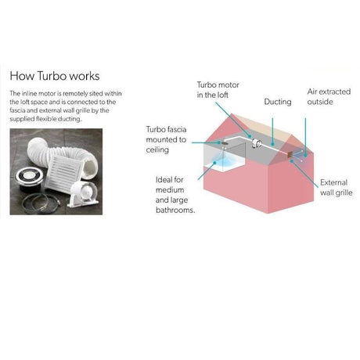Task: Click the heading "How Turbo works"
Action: click(55, 76)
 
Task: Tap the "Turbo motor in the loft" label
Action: click(218, 90)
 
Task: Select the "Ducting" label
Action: click(278, 102)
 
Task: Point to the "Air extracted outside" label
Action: click(329, 96)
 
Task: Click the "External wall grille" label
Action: click(336, 188)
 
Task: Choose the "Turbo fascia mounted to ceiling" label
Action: click(166, 139)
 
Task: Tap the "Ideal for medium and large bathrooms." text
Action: click(175, 195)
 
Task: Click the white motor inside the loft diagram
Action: click(257, 143)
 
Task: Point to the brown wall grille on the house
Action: click(289, 154)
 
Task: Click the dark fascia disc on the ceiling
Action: click(224, 142)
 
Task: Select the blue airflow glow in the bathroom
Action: click(222, 160)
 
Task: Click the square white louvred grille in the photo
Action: click(64, 171)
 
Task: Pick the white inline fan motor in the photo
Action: click(83, 194)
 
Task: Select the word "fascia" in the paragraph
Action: click(17, 110)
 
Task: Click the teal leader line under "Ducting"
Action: click(272, 131)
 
